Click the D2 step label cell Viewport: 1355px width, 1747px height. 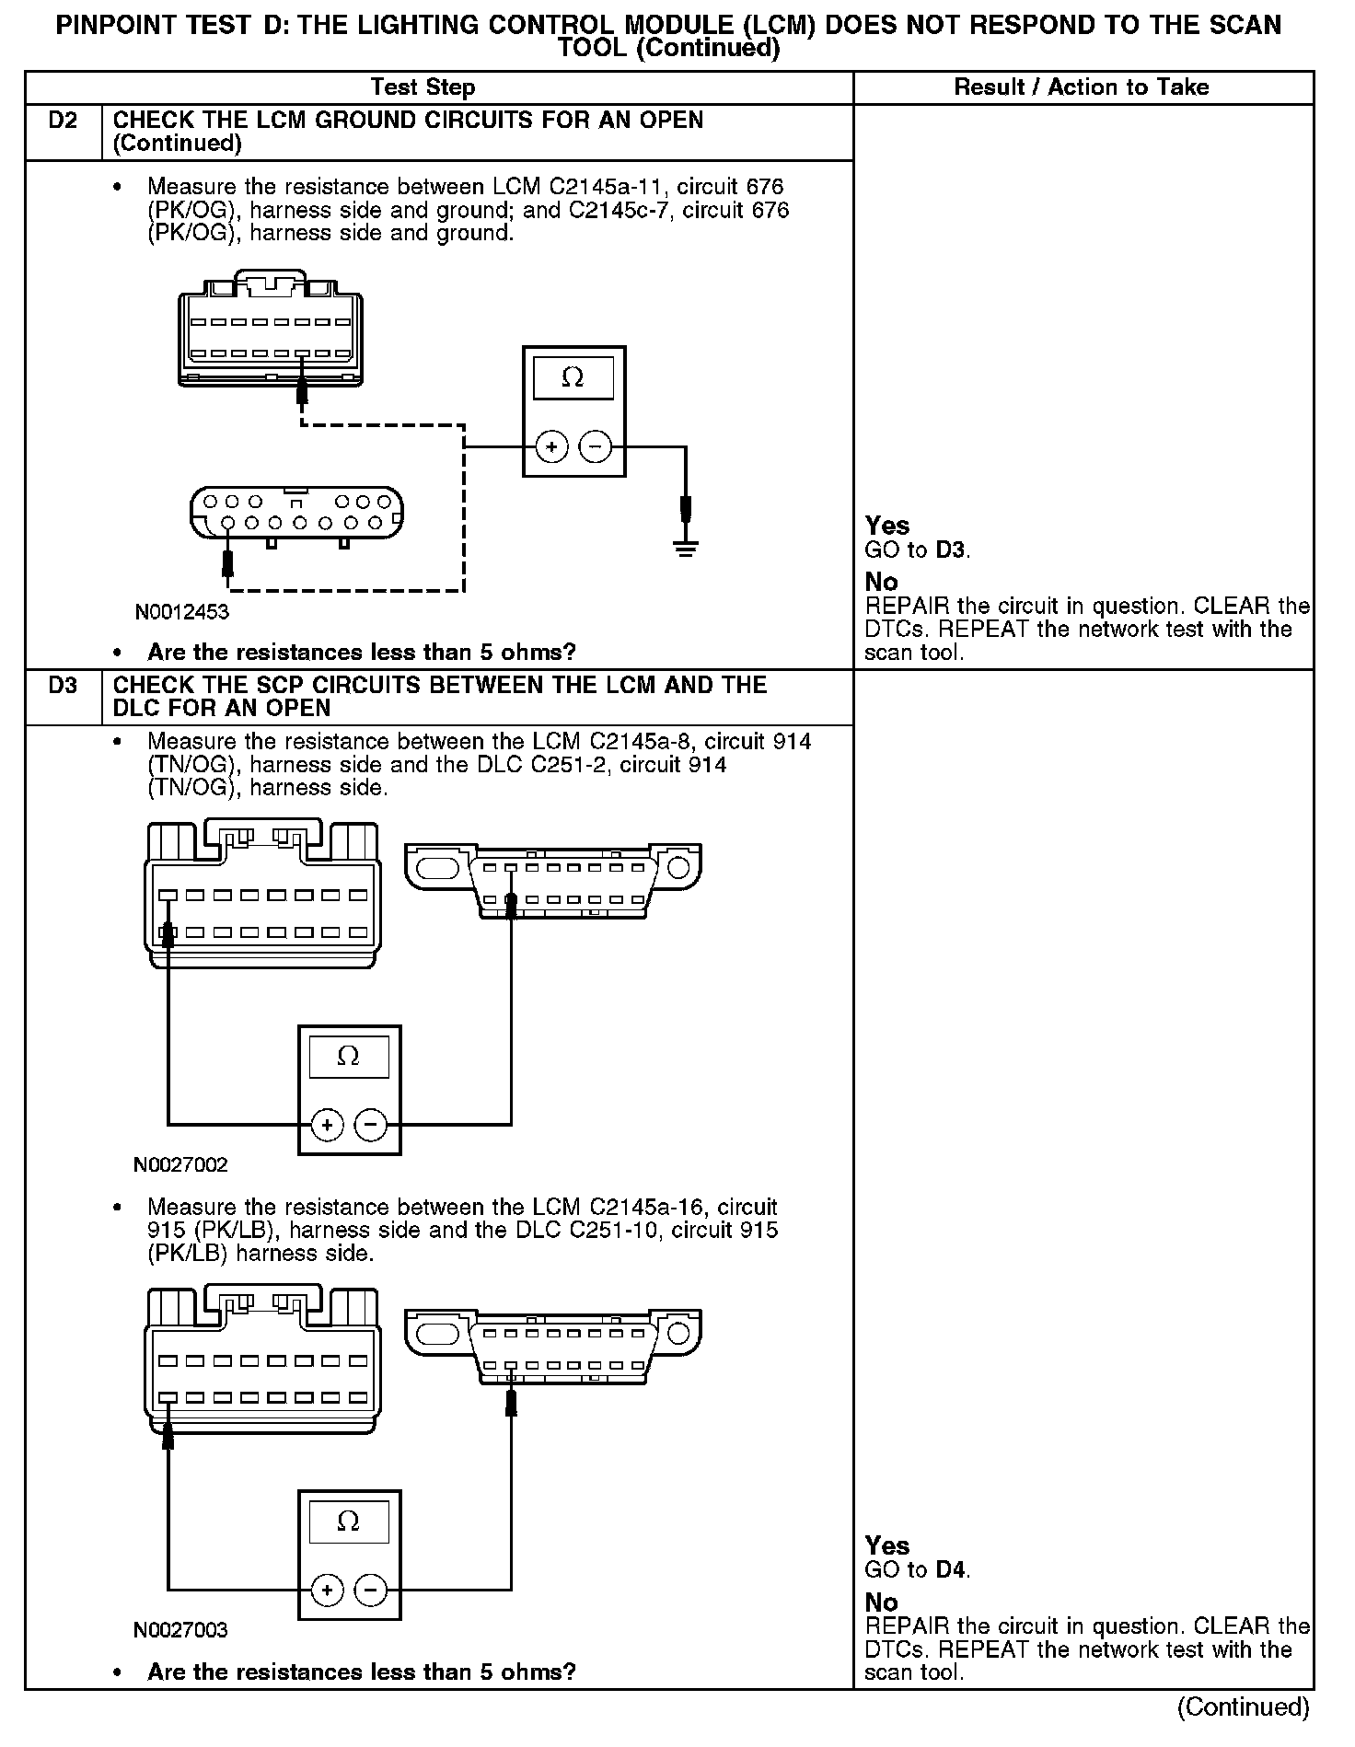point(63,121)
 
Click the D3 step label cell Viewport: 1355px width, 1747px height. point(63,686)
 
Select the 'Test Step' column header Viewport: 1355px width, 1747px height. point(423,87)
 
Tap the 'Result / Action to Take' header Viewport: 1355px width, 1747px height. point(1082,87)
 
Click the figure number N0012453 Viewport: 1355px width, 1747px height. point(181,612)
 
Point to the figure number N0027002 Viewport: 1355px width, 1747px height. point(180,1165)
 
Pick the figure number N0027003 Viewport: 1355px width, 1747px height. point(180,1630)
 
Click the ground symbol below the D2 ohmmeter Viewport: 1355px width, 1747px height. point(685,550)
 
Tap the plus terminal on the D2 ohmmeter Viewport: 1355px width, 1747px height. point(551,448)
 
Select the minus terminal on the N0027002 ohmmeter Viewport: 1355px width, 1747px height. point(371,1124)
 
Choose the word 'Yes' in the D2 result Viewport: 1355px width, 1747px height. point(887,526)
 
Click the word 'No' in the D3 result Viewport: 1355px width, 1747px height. point(881,1602)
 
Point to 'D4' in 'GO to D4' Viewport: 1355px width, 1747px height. point(952,1569)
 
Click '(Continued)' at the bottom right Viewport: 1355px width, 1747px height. point(1243,1707)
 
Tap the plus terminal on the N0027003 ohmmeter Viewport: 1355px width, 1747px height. point(327,1590)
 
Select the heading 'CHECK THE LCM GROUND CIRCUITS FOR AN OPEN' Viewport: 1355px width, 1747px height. point(408,121)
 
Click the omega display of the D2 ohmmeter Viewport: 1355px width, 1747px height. point(573,378)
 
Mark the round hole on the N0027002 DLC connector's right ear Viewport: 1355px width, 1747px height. point(678,867)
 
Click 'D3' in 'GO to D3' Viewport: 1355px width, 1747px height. point(952,550)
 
